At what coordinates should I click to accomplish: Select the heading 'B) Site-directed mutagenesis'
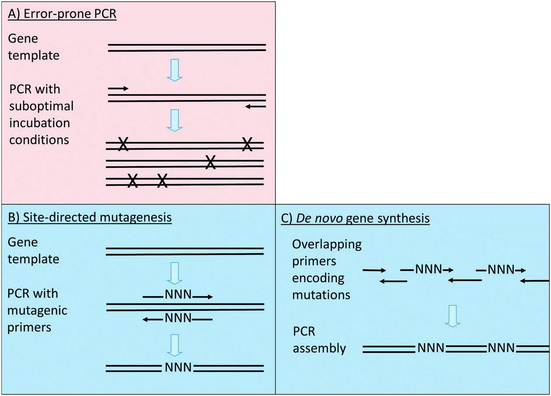coord(90,217)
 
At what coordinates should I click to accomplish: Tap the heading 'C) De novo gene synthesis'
coord(355,217)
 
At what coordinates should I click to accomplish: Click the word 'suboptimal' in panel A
coord(41,106)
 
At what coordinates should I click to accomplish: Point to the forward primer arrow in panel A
coord(118,89)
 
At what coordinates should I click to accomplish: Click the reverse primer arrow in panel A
coord(255,107)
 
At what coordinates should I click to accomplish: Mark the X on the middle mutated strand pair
coord(210,162)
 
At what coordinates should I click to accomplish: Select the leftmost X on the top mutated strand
coord(123,144)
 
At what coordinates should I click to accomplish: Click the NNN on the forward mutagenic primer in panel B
coord(178,296)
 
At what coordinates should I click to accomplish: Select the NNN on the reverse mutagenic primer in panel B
coord(178,319)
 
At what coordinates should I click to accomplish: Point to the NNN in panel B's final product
coord(178,368)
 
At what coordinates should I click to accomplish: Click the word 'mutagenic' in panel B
coord(37,310)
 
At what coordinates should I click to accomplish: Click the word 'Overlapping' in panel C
coord(327,244)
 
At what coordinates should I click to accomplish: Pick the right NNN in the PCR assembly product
coord(501,348)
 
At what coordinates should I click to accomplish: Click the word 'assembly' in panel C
coord(319,348)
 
